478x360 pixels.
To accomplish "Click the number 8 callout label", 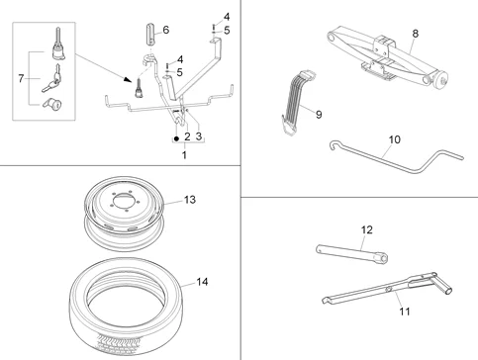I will (415, 34).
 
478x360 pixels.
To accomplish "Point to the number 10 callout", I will (394, 139).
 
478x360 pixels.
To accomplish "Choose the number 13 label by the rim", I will (190, 200).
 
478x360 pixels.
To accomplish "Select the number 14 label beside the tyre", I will (202, 282).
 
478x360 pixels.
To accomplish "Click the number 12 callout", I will (366, 229).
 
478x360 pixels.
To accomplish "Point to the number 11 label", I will (403, 312).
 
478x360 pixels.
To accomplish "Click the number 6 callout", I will (165, 29).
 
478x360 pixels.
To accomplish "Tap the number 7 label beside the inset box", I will (23, 75).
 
